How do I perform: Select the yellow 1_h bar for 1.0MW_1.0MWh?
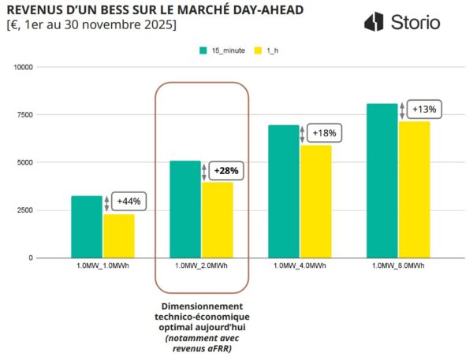pyautogui.click(x=119, y=236)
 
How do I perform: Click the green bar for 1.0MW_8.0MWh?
pyautogui.click(x=382, y=180)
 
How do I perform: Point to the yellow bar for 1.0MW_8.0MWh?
pyautogui.click(x=415, y=189)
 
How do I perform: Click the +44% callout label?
pyautogui.click(x=128, y=202)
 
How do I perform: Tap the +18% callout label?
pyautogui.click(x=324, y=134)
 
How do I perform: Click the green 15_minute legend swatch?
pyautogui.click(x=203, y=50)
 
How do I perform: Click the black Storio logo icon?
pyautogui.click(x=374, y=22)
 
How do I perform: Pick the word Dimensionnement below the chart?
pyautogui.click(x=203, y=306)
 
